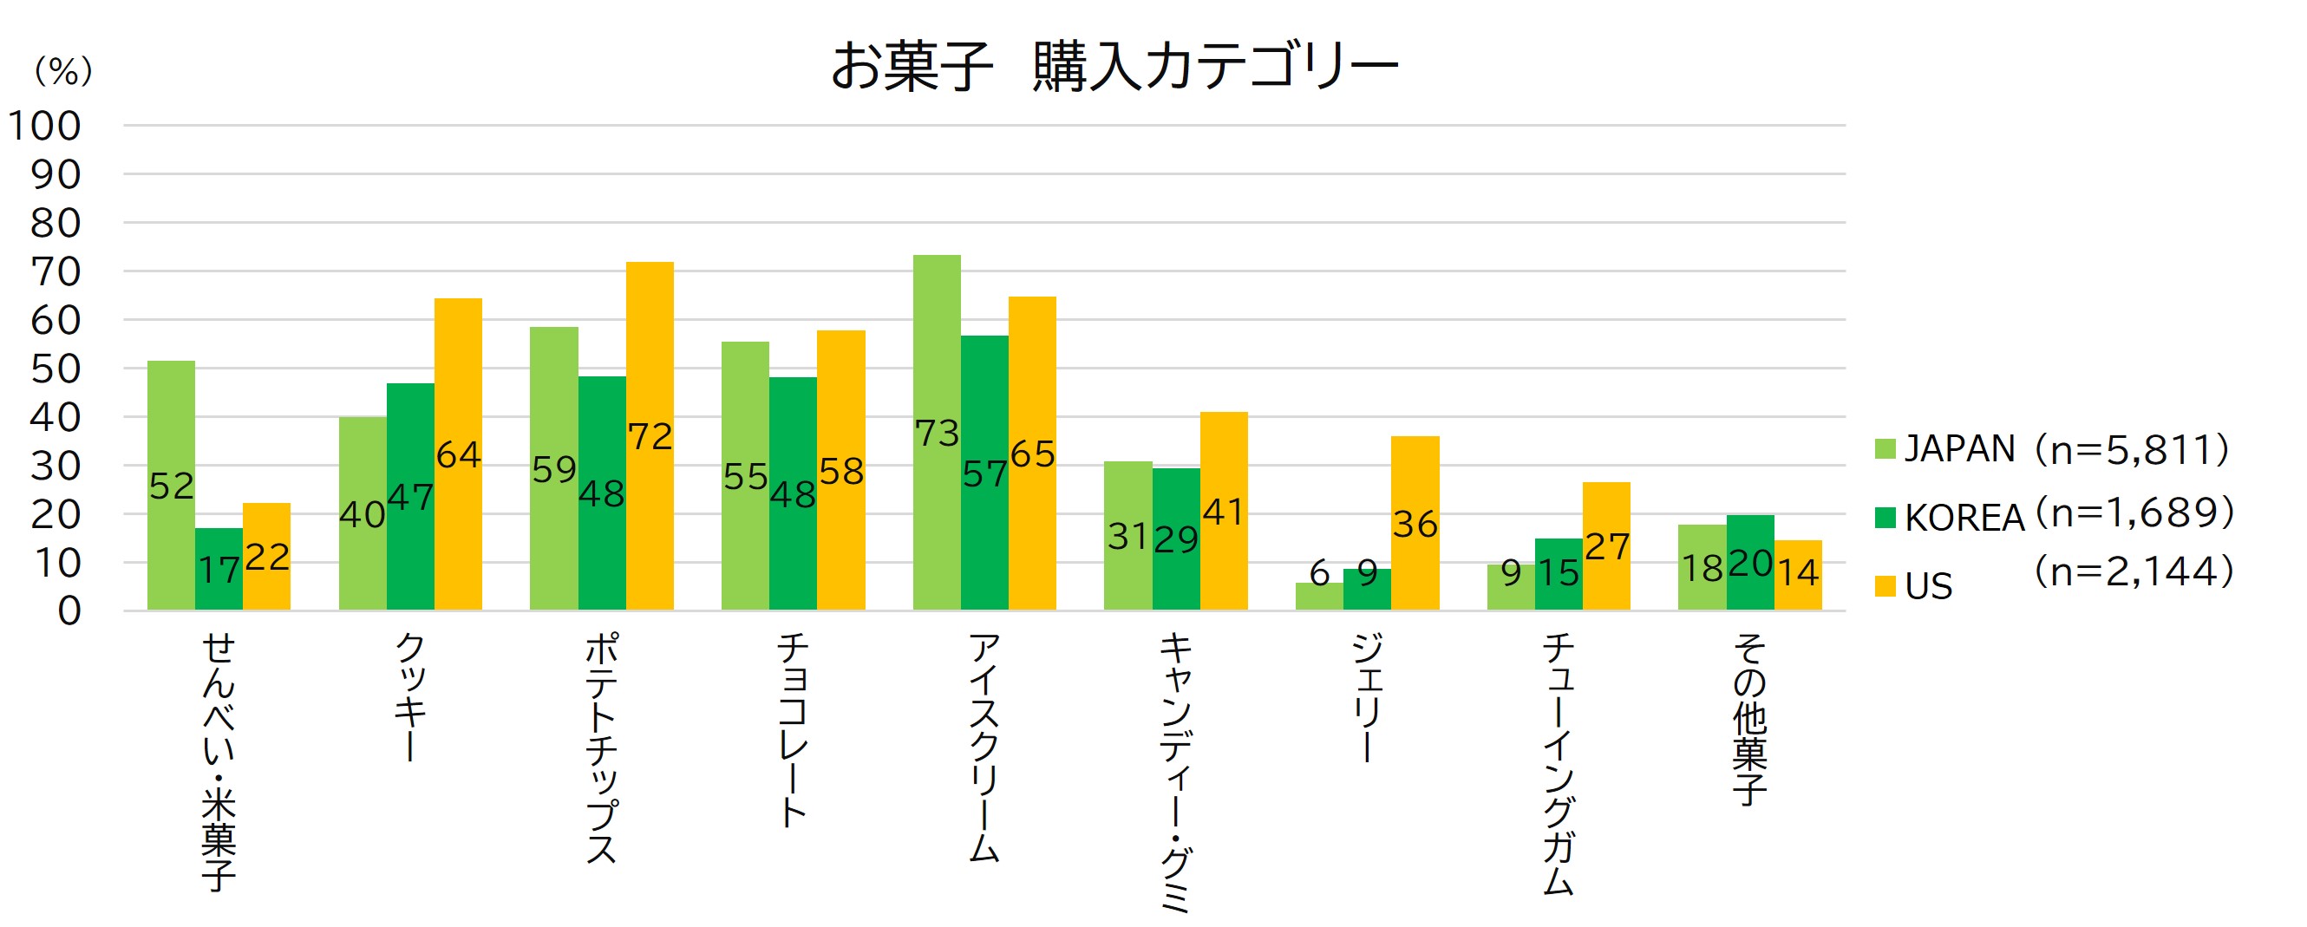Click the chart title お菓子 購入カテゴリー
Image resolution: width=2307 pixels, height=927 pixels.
(x=1114, y=67)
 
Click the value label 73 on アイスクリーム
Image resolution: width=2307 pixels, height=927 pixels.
(x=937, y=434)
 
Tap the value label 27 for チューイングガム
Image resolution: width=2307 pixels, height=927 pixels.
(x=1606, y=547)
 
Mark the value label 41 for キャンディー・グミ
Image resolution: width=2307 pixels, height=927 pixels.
(x=1224, y=512)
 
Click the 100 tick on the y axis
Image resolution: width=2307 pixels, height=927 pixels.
(x=45, y=127)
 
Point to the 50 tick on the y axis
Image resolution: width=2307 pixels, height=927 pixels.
(x=56, y=369)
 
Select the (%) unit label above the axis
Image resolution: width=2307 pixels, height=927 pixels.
(x=62, y=71)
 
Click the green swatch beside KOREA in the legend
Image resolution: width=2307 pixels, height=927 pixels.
(x=1885, y=518)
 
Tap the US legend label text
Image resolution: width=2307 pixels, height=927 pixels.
(x=1928, y=587)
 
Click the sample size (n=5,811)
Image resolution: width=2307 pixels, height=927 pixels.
(x=2132, y=448)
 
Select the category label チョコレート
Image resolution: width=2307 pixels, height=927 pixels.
(x=793, y=730)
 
